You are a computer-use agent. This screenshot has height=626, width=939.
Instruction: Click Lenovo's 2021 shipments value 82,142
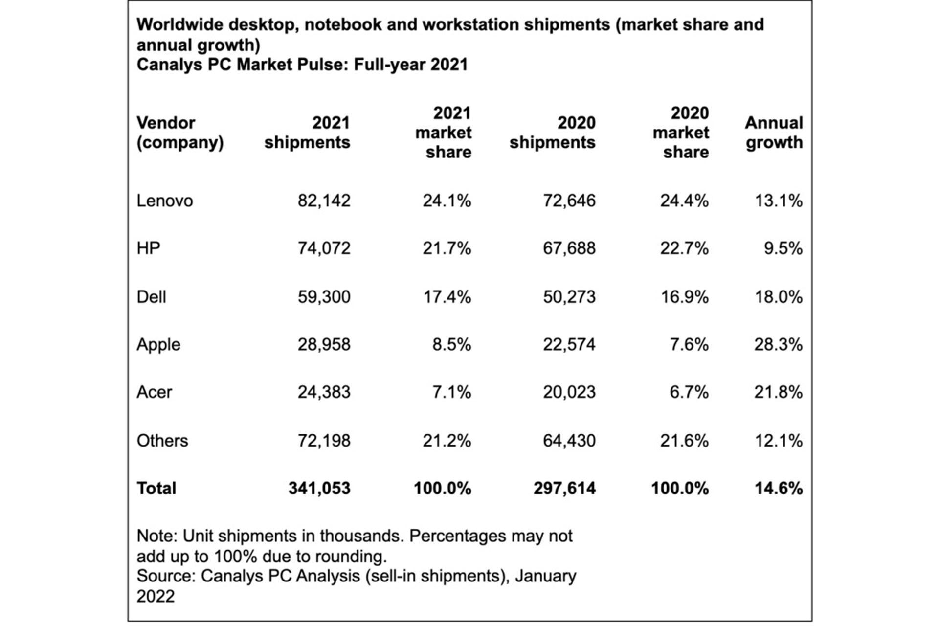point(324,201)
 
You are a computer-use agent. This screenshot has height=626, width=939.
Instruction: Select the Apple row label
point(158,345)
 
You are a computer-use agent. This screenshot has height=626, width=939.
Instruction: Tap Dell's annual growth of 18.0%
point(779,297)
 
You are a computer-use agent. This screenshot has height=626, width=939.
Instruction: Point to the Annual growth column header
point(774,133)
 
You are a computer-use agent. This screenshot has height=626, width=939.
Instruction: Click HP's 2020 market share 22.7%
point(684,248)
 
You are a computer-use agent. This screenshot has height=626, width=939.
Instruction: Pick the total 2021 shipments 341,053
point(319,488)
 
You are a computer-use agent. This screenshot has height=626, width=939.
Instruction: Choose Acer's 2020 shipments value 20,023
point(569,392)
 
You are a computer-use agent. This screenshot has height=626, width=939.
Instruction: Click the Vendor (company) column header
point(180,133)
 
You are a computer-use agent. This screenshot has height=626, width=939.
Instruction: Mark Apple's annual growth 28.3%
point(779,345)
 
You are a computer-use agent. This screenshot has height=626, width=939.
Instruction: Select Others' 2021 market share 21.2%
point(447,441)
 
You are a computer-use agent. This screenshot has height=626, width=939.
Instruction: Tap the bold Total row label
point(156,488)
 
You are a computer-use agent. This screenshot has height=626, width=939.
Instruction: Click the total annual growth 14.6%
point(779,488)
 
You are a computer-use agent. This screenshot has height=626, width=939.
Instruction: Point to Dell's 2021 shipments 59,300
point(324,297)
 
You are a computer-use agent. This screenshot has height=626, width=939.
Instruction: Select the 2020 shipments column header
point(553,133)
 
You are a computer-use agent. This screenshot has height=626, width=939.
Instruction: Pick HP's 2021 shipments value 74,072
point(324,248)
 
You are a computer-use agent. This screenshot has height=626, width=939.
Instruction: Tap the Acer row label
point(155,392)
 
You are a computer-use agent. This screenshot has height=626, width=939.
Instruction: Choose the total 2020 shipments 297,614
point(565,488)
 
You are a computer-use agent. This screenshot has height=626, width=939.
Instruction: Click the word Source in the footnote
point(166,576)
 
